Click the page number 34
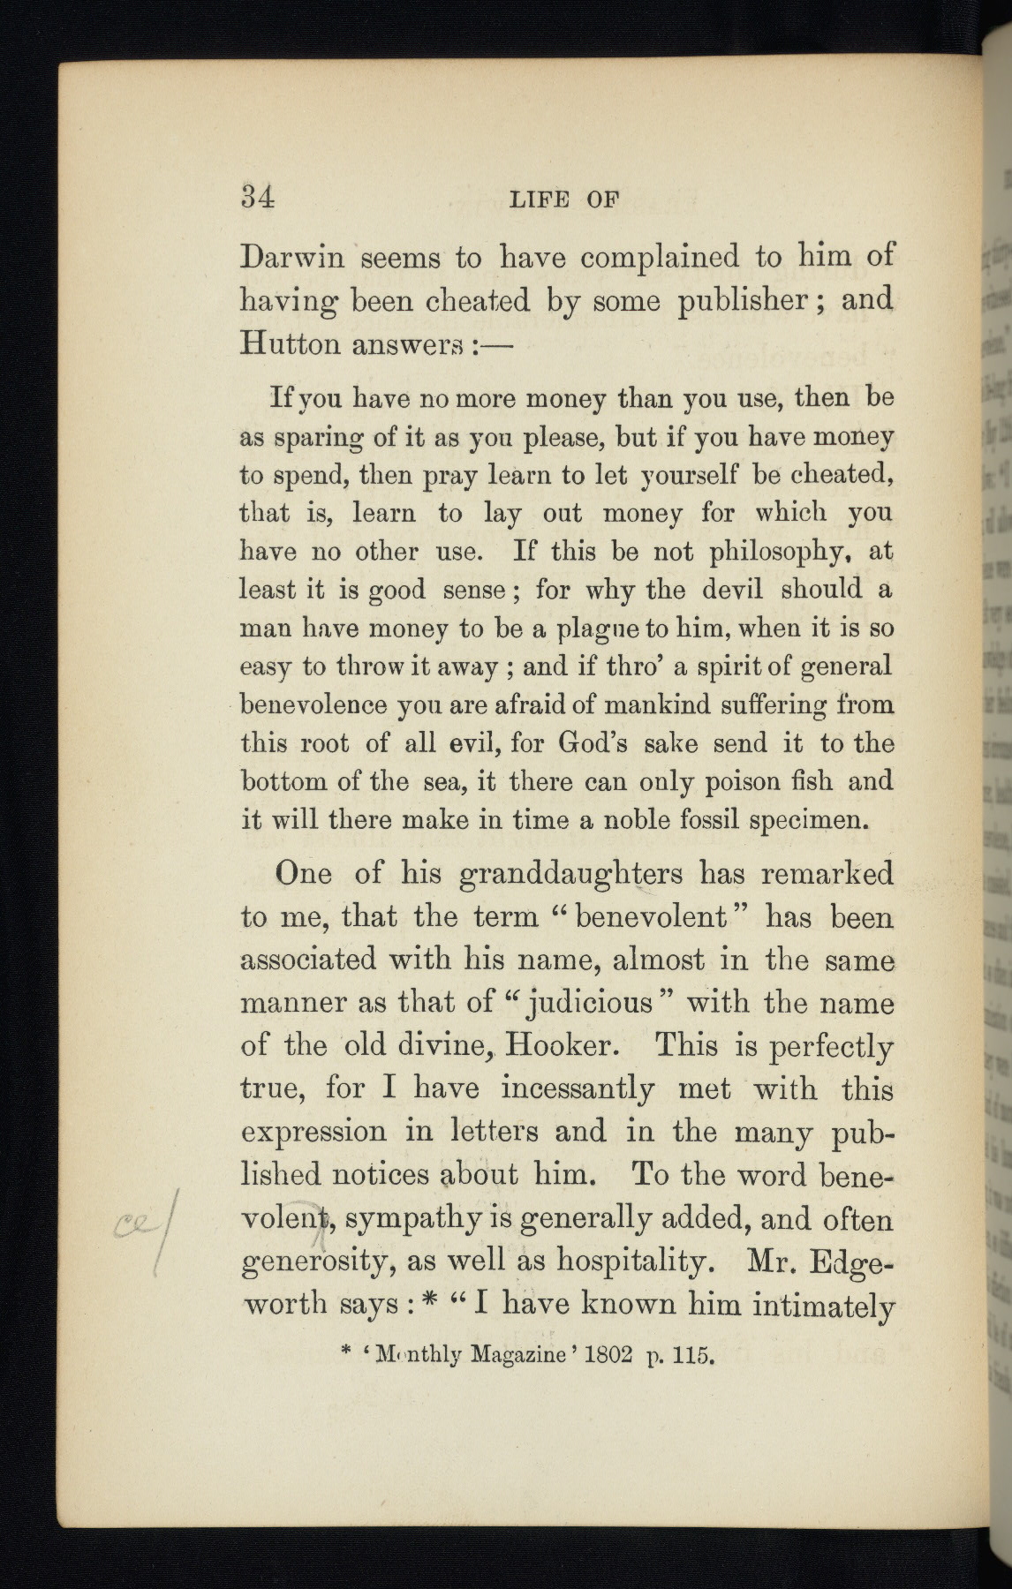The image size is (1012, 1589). [258, 197]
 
